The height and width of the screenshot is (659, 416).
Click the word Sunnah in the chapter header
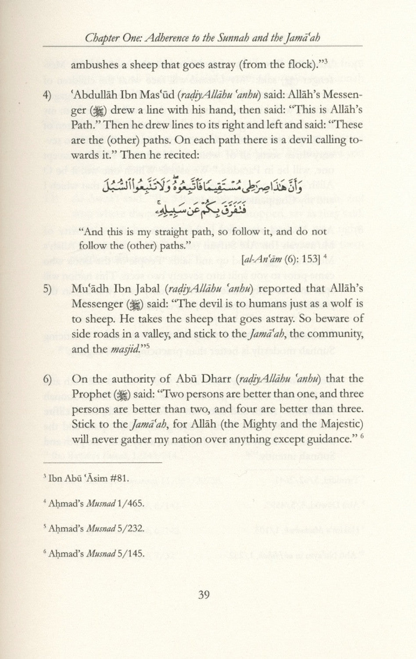(232, 38)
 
